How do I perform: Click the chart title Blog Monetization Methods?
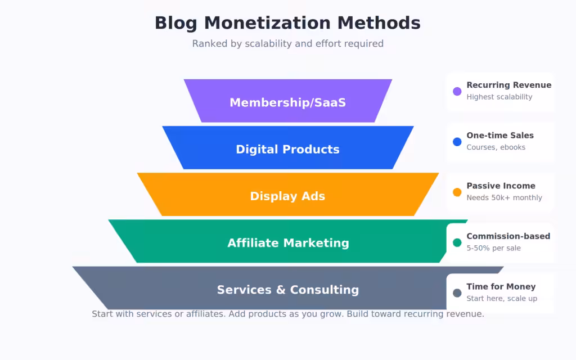point(287,23)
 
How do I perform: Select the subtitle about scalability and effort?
point(287,43)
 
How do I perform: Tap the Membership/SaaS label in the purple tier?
point(287,102)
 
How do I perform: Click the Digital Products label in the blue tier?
point(287,149)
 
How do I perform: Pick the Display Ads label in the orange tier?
point(287,196)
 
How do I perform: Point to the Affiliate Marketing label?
point(288,242)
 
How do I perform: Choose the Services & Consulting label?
point(287,290)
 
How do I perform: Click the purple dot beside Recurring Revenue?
point(457,91)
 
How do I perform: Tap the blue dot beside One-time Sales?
point(457,142)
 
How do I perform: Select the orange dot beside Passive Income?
point(457,192)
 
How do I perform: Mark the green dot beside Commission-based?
point(457,242)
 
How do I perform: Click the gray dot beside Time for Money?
point(457,292)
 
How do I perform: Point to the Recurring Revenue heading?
point(508,85)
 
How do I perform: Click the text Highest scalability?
point(499,97)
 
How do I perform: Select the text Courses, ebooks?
point(496,147)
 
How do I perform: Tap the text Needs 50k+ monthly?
point(504,197)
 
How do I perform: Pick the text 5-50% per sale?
point(493,248)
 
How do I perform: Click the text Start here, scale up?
point(501,298)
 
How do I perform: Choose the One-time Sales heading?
point(499,135)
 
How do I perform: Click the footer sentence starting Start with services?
point(287,314)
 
